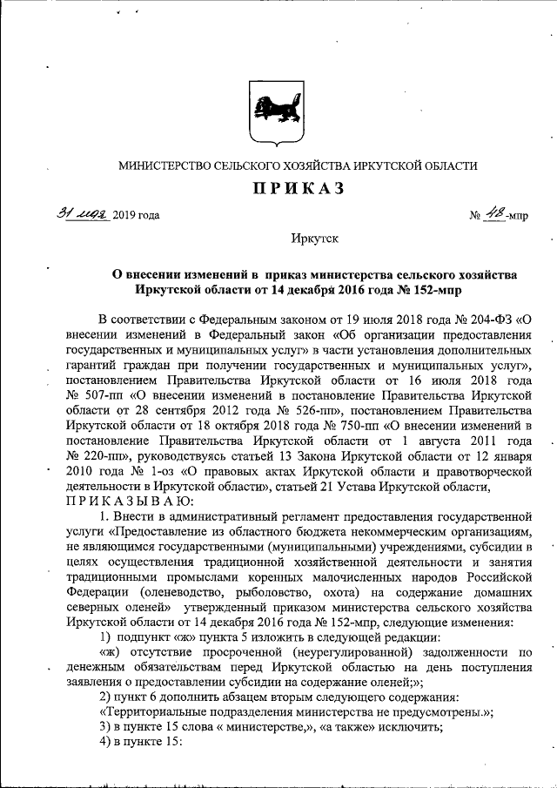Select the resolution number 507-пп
click(96, 394)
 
